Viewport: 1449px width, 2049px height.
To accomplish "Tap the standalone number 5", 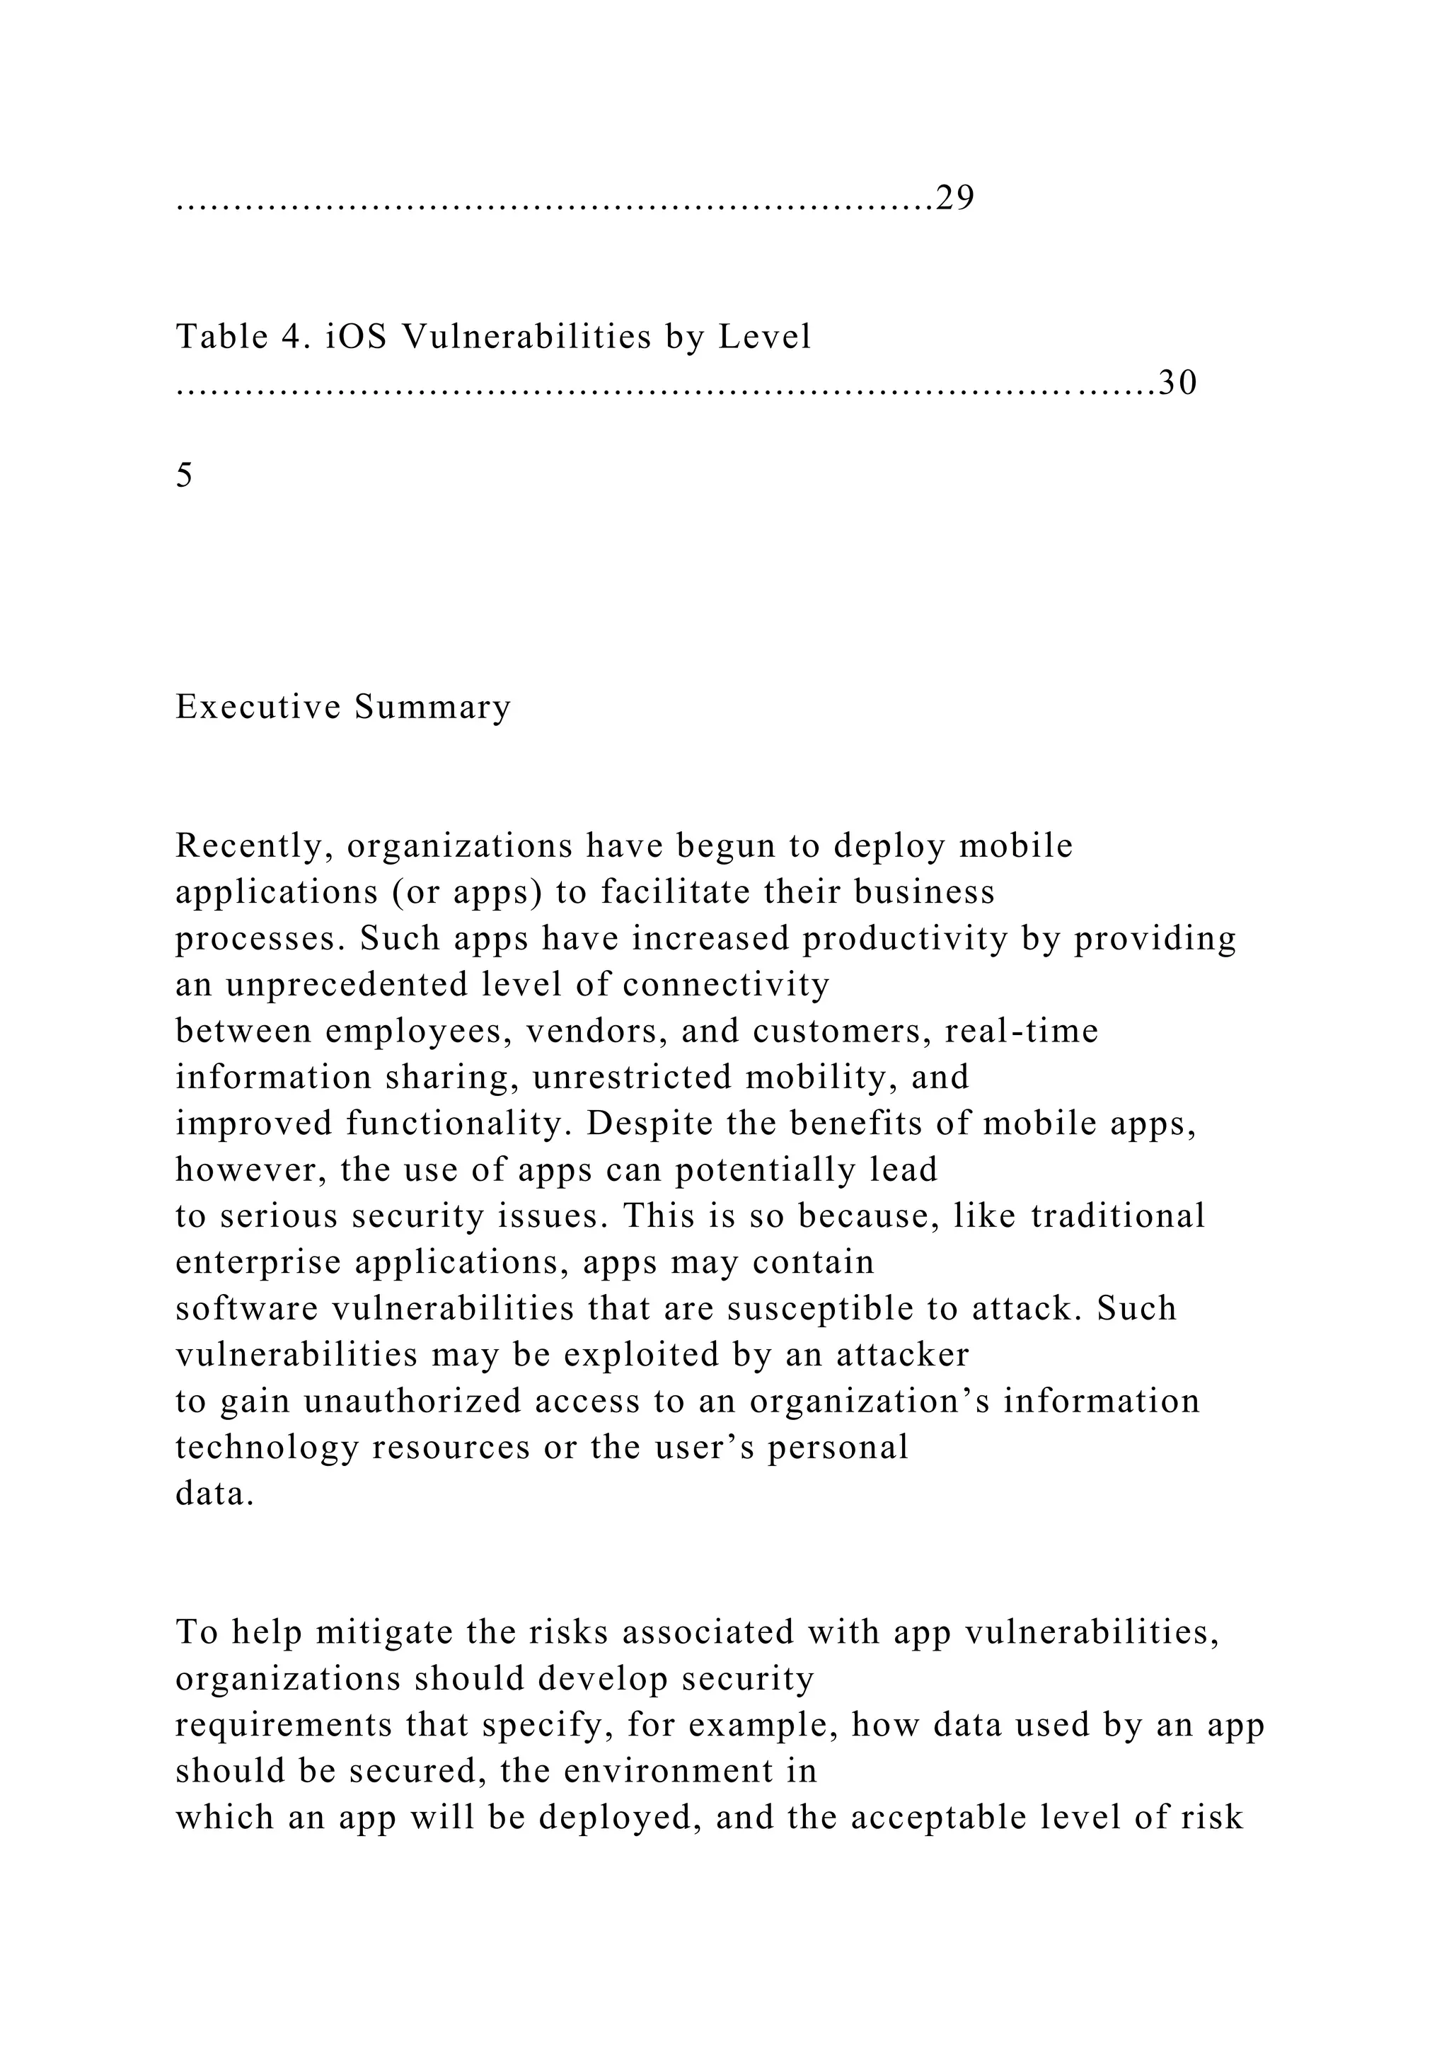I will point(184,475).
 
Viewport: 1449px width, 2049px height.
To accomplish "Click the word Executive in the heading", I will point(258,707).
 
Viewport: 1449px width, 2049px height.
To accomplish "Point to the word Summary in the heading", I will point(433,707).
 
